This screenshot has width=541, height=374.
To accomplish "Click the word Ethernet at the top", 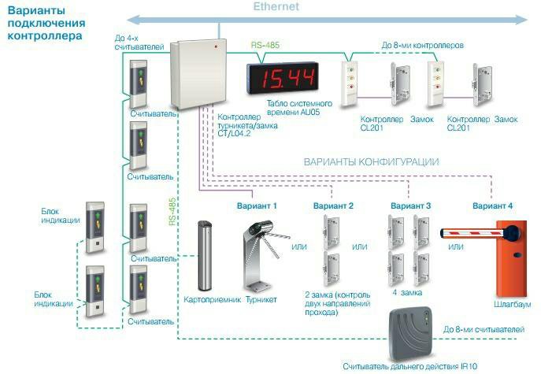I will pyautogui.click(x=276, y=7).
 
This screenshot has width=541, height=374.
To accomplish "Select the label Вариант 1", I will pyautogui.click(x=257, y=206).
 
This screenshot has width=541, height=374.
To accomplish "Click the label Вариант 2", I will pyautogui.click(x=333, y=206).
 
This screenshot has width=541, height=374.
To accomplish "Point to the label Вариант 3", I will pyautogui.click(x=411, y=206).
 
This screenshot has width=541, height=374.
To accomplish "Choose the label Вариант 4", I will pyautogui.click(x=492, y=206).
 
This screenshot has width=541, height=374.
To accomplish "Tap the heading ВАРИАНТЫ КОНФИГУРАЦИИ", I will pyautogui.click(x=371, y=161).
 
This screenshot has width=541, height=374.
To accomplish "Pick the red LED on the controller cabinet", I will pyautogui.click(x=216, y=48).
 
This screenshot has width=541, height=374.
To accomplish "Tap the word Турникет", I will pyautogui.click(x=261, y=301).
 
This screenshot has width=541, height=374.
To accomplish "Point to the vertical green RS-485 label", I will pyautogui.click(x=172, y=212).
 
